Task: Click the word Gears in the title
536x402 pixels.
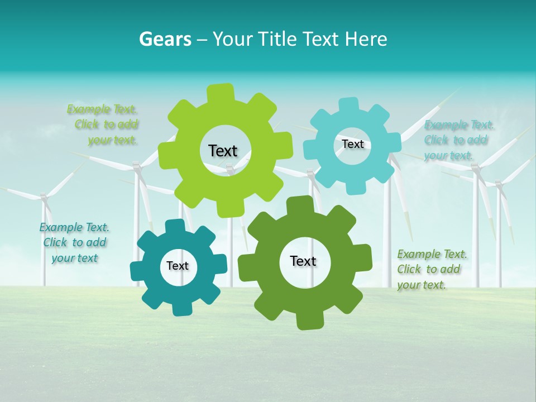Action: pos(165,39)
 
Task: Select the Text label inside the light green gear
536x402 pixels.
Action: pos(223,151)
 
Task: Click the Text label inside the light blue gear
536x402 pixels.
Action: pos(352,144)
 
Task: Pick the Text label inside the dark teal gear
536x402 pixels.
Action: pos(177,266)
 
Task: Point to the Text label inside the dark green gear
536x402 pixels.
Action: pos(303,261)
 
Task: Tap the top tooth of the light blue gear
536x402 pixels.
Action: pos(349,105)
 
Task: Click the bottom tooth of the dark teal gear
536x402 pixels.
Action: pos(180,308)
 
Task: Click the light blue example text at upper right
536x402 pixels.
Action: pos(458,140)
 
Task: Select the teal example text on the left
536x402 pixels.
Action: pos(74,243)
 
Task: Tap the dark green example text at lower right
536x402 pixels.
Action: pos(430,269)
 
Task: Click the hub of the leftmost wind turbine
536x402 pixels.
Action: pos(44,197)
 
